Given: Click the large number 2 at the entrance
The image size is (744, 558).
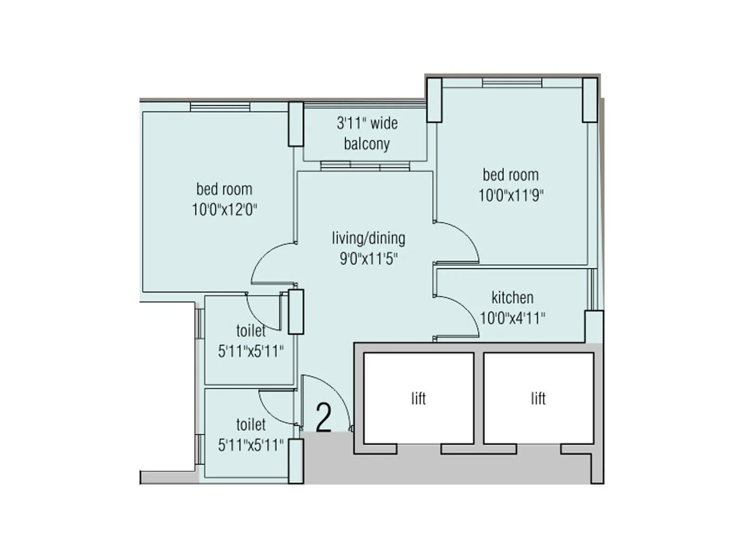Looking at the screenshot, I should click(x=324, y=417).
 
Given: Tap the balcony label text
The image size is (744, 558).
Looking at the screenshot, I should click(x=367, y=133).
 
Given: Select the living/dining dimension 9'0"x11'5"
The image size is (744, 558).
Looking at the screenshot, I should click(x=368, y=259).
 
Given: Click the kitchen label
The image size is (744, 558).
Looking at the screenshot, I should click(x=512, y=298).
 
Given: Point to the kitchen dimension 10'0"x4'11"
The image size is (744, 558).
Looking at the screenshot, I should click(x=512, y=319).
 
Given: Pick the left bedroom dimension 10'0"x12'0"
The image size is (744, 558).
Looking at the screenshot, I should click(x=225, y=210).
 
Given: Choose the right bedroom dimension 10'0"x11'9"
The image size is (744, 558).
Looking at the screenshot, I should click(x=511, y=195).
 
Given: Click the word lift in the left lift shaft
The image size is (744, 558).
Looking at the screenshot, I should click(x=418, y=399).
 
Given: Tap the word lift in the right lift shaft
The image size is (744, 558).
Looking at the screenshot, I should click(x=538, y=399).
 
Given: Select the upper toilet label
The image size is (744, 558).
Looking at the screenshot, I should click(x=251, y=331).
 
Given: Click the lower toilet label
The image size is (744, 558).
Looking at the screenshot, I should click(x=251, y=425).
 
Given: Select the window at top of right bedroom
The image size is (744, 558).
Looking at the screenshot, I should click(x=512, y=83).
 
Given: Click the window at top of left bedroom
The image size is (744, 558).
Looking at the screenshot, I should click(x=220, y=106).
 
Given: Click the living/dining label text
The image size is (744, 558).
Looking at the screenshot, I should click(x=368, y=238).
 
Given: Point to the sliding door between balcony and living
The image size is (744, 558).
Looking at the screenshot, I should click(x=365, y=166).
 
